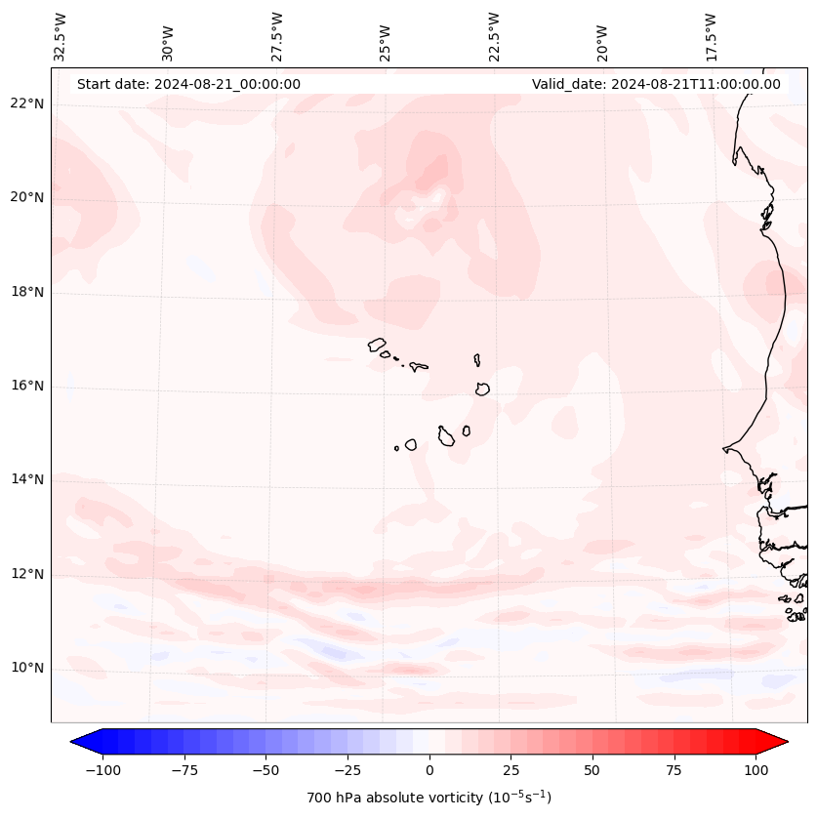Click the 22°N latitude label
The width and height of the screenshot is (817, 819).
pyautogui.click(x=27, y=103)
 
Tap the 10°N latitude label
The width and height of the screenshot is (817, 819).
pyautogui.click(x=27, y=669)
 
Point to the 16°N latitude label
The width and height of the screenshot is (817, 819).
pyautogui.click(x=27, y=386)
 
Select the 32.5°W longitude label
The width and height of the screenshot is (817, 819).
pyautogui.click(x=61, y=36)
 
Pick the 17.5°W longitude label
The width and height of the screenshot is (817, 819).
pyautogui.click(x=711, y=36)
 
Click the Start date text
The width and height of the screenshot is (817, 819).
pyautogui.click(x=188, y=84)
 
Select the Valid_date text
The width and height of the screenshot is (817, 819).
pyautogui.click(x=656, y=84)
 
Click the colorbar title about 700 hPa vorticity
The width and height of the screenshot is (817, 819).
pyautogui.click(x=429, y=798)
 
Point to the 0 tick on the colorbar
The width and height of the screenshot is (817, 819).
pyautogui.click(x=429, y=769)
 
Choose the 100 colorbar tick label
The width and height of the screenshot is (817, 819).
pyautogui.click(x=755, y=769)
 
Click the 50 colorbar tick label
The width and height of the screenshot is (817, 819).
pyautogui.click(x=592, y=769)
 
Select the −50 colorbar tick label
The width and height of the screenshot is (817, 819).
pyautogui.click(x=266, y=769)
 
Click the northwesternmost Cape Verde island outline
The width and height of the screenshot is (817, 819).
pyautogui.click(x=377, y=345)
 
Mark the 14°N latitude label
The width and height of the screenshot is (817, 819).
pyautogui.click(x=27, y=479)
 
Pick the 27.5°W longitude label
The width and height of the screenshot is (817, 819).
pyautogui.click(x=277, y=36)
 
